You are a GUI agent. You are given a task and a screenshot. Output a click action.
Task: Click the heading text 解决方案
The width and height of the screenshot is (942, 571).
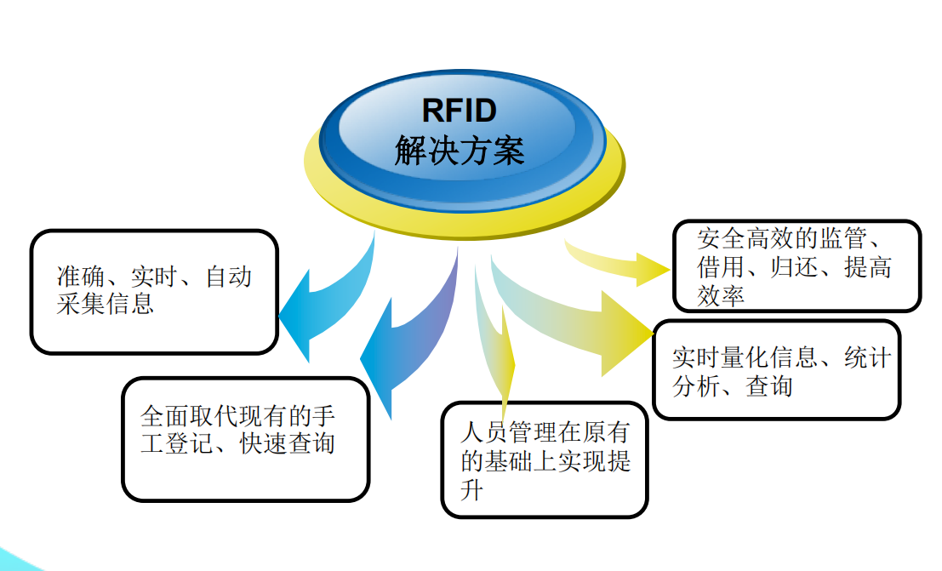click(x=460, y=151)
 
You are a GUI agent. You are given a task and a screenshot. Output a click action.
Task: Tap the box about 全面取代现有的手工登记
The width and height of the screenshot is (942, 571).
click(x=245, y=439)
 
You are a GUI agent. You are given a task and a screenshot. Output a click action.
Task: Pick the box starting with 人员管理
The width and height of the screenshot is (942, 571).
click(x=545, y=460)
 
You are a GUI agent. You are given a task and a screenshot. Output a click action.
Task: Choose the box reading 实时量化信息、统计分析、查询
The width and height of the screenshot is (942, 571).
click(x=776, y=370)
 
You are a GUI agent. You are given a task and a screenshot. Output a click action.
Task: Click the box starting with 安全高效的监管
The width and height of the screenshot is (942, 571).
click(x=796, y=266)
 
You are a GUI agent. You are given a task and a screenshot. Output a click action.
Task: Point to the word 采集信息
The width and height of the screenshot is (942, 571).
click(x=106, y=304)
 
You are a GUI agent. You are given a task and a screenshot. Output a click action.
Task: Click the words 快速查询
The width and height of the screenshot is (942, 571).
click(x=288, y=443)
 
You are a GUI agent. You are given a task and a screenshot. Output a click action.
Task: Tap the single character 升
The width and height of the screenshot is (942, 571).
click(x=471, y=491)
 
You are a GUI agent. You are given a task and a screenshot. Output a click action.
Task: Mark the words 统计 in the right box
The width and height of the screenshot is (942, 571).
click(x=867, y=357)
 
